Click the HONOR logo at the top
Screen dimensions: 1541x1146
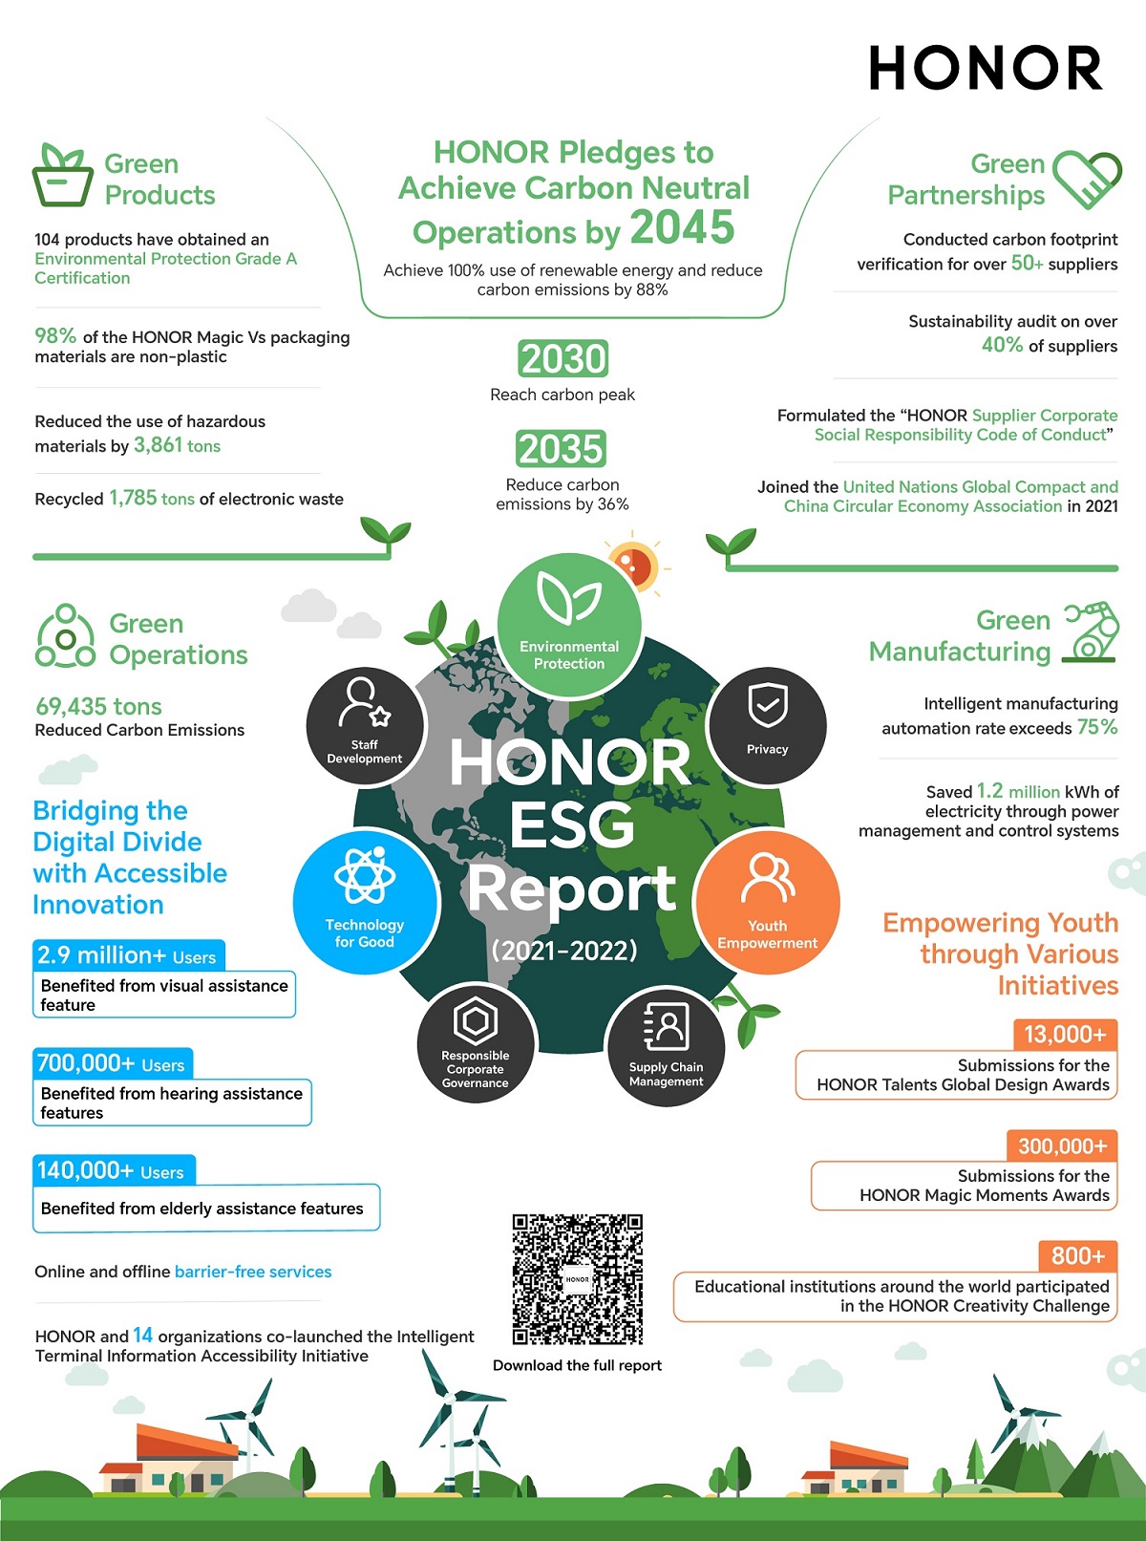(986, 69)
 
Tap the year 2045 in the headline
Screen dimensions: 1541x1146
(682, 227)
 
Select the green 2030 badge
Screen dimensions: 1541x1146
(563, 359)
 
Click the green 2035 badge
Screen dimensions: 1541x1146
(562, 449)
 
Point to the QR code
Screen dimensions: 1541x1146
(577, 1279)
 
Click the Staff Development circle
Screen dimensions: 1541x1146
(364, 727)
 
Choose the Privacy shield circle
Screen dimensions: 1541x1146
(767, 725)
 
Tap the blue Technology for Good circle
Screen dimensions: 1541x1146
(365, 902)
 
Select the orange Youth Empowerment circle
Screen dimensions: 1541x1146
(767, 902)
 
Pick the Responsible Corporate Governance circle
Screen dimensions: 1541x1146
(476, 1045)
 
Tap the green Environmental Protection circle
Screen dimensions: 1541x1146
(569, 625)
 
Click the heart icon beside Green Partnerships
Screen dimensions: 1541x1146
(1087, 180)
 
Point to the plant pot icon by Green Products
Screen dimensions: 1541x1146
(63, 176)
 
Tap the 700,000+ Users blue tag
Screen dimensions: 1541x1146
(112, 1063)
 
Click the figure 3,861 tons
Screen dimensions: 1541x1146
(177, 445)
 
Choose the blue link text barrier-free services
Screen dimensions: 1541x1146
(253, 1272)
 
